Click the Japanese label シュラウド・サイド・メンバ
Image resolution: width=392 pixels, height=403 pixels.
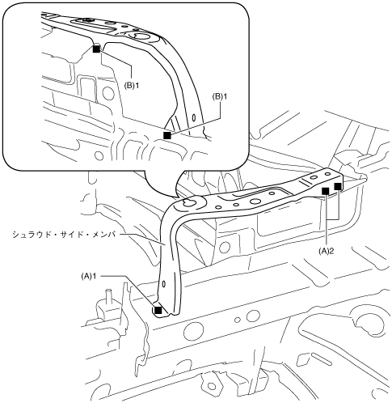64,235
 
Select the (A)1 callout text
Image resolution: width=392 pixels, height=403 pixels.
89,276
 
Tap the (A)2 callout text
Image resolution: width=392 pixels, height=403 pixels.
327,251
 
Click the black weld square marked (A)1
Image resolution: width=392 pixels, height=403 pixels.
158,310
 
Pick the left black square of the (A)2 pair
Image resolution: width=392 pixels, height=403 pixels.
326,191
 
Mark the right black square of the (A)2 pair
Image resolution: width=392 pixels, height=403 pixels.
338,186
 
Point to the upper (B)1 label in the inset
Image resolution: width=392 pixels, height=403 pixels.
132,86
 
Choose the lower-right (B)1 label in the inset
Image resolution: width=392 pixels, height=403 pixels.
220,96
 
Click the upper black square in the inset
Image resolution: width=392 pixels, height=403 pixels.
96,49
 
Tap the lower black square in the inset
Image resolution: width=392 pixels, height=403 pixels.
167,135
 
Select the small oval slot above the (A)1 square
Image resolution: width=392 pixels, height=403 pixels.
164,284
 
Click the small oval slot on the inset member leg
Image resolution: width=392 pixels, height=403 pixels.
193,117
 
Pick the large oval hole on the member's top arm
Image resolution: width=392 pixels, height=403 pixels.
255,201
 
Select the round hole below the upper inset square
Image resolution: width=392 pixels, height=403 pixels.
108,93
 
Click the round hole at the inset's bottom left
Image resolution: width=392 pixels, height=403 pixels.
99,156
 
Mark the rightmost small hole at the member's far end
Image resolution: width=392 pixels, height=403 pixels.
327,174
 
